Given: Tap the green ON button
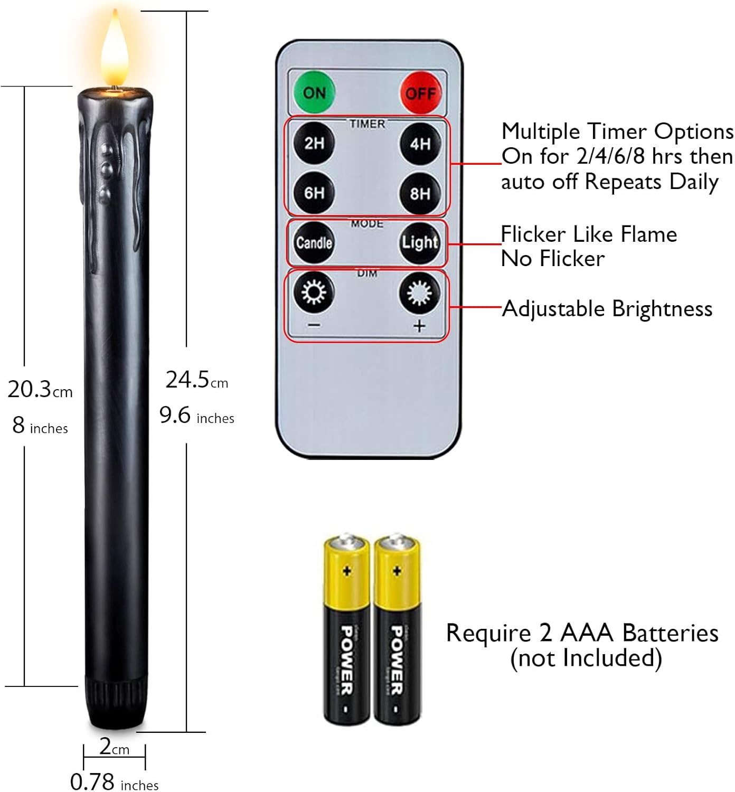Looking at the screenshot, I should click(x=314, y=92).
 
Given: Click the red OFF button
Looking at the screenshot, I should click(x=420, y=93).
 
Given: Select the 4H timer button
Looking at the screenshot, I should click(x=420, y=144).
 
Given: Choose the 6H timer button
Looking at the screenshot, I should click(x=314, y=193).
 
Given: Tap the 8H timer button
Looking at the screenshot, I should click(x=420, y=194).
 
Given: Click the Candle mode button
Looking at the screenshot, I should click(x=314, y=242).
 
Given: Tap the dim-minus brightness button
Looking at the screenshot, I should click(x=314, y=292).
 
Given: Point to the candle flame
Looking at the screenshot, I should click(x=115, y=50).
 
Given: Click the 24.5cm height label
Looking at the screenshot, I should click(x=196, y=380).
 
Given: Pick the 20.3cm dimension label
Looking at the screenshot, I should click(x=40, y=390).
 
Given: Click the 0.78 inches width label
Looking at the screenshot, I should click(x=114, y=782).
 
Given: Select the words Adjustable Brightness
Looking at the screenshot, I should click(x=607, y=309).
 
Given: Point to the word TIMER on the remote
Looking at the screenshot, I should click(x=367, y=124).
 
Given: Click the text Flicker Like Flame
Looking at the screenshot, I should click(x=589, y=234).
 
